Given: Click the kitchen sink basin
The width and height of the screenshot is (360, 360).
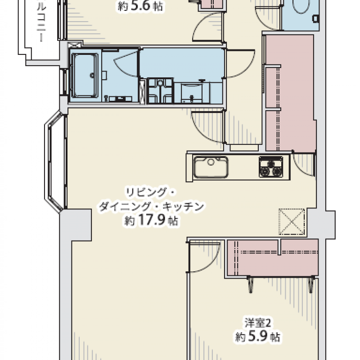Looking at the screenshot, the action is pos(211,167).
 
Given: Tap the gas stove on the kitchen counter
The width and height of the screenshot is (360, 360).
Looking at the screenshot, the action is pos(271,167).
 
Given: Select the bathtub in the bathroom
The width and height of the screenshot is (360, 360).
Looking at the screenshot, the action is pos(85,76).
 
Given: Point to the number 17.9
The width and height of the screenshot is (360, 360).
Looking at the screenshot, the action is pos(152,220).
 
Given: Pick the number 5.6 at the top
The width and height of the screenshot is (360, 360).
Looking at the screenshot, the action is pos(140,6).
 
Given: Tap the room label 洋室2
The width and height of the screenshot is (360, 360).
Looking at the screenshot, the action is pos(258,323).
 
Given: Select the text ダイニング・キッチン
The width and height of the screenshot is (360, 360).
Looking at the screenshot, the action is pos(151,207).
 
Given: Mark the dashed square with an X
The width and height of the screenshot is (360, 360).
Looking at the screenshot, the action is pos(292,221).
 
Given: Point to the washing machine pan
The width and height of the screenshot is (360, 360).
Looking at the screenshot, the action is pos(160,90).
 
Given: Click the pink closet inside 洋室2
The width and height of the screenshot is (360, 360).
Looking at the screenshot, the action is pos(273,257).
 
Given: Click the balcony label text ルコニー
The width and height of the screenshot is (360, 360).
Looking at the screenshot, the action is pos(41,22).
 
